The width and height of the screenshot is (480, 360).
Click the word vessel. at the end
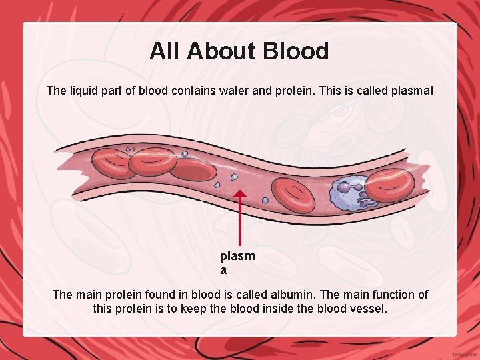tap(369, 309)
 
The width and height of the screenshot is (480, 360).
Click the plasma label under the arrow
tap(237, 263)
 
